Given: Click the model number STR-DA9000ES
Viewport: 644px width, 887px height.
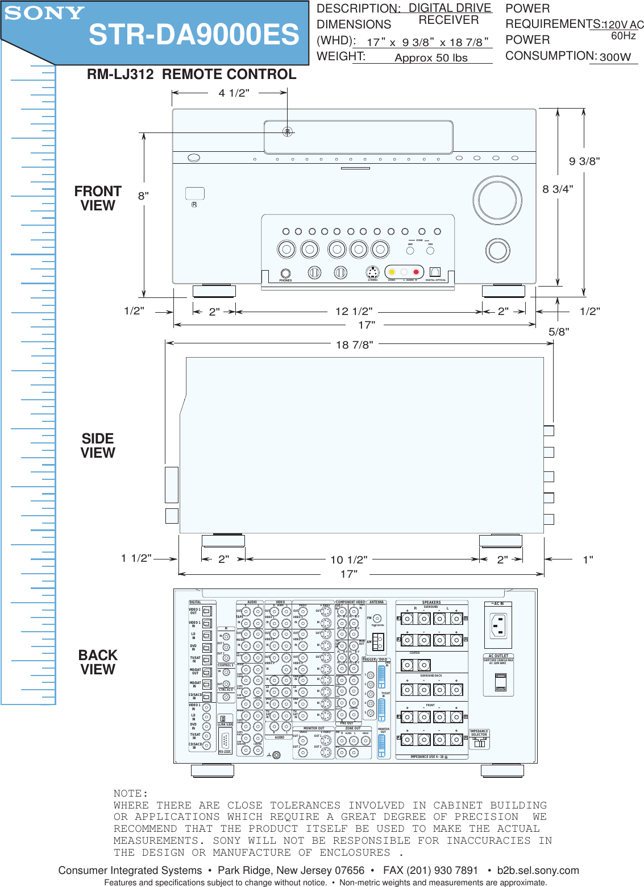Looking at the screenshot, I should point(194,35).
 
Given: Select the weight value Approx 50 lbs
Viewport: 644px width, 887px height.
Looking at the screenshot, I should point(431,58).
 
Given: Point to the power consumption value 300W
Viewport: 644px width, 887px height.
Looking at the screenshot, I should point(615,57).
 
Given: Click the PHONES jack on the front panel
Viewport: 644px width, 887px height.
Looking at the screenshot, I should point(285,273).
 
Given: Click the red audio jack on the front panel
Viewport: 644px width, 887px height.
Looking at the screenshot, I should point(416,272).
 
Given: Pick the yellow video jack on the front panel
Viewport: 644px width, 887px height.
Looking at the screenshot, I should point(392,272).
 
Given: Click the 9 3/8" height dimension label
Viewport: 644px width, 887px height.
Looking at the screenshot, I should point(584,161).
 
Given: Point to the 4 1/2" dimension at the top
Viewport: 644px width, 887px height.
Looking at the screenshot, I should point(234,93).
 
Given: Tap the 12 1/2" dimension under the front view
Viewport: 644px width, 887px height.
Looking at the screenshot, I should point(354,312).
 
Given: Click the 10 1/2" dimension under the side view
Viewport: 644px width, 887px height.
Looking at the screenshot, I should point(349,560).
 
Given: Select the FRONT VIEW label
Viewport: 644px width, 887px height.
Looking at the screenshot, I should point(98,198).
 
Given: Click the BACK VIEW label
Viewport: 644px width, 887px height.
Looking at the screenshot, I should point(98,662).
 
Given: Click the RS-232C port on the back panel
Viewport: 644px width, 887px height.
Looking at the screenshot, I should point(225,741).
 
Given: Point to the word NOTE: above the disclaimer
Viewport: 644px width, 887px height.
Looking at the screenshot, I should point(131,794).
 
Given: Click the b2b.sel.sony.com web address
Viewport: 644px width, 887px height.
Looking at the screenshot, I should point(538,871).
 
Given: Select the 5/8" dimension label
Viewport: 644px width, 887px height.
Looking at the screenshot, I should point(559,332).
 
